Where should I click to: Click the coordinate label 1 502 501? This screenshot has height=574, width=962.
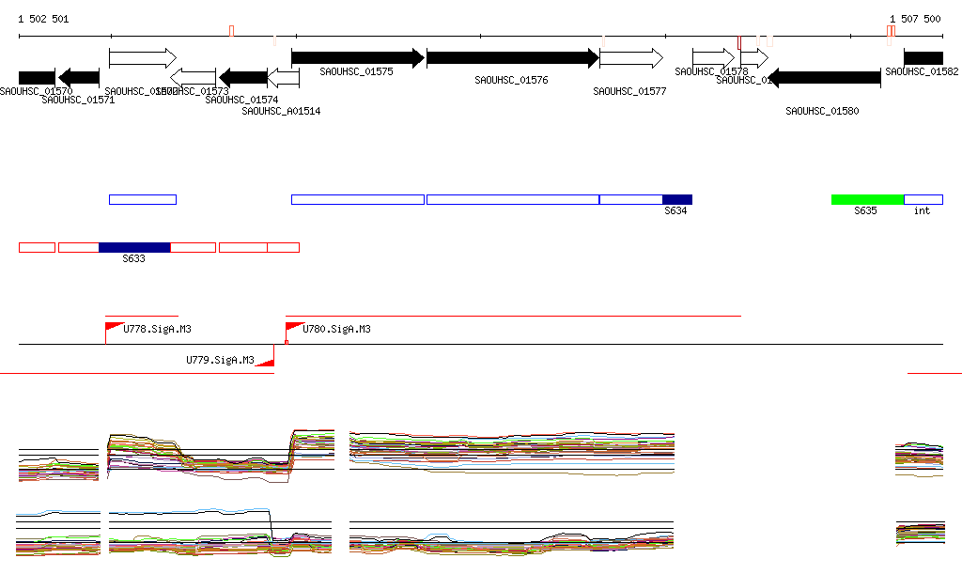43,19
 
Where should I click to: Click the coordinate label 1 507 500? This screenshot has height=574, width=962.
915,19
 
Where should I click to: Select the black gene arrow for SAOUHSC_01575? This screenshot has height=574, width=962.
358,58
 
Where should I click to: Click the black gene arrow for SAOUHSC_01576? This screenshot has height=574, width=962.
513,58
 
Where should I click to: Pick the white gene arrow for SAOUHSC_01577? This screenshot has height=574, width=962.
631,58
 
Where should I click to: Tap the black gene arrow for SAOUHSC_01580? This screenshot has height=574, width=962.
824,77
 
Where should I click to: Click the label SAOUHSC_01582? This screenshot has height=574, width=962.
922,71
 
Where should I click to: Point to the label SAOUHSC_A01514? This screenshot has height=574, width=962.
281,111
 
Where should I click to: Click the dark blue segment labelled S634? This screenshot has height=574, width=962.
677,199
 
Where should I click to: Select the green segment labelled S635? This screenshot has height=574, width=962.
867,199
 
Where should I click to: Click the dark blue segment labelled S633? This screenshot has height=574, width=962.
134,247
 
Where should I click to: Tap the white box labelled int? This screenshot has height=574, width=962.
923,199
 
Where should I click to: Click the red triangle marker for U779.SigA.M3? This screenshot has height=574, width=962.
266,361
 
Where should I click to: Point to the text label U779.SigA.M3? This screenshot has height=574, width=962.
220,360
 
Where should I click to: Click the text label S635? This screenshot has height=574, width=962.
865,211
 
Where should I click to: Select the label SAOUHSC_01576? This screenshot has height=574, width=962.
511,81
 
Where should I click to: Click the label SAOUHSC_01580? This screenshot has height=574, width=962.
822,111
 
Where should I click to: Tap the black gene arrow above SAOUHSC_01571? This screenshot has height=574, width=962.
79,77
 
